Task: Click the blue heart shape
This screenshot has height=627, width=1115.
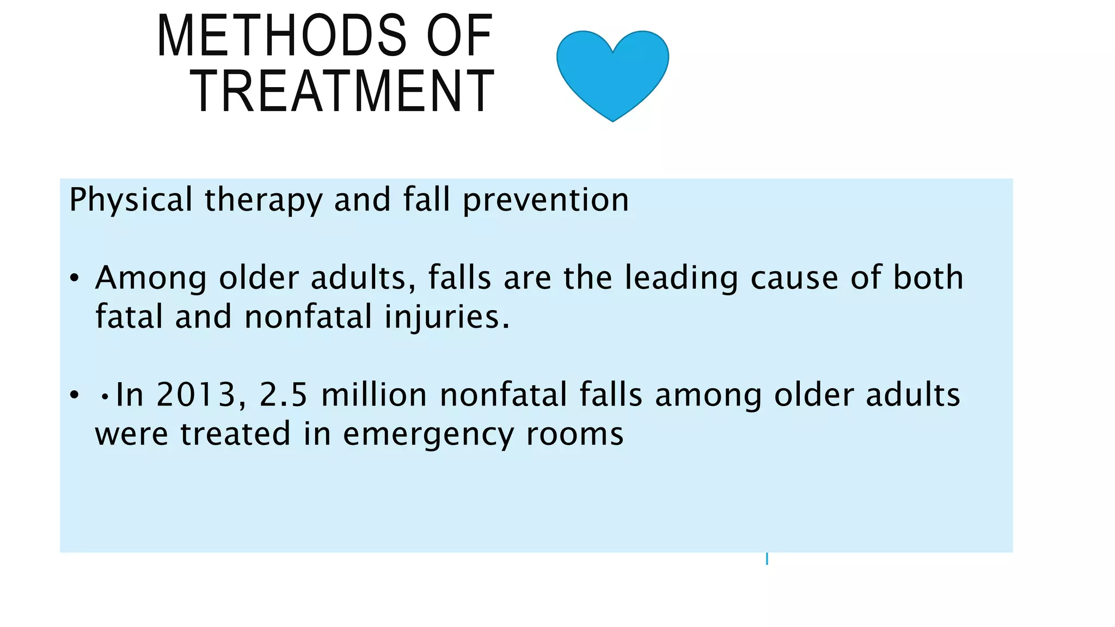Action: pos(612,73)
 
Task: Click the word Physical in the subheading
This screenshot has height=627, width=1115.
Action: pos(131,200)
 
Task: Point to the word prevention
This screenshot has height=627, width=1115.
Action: pos(546,200)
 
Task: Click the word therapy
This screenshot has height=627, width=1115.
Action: pos(264,200)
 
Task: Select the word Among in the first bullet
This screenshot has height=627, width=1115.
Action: pos(151,278)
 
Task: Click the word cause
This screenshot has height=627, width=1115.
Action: pos(794,278)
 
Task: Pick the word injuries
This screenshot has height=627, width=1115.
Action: pos(446,317)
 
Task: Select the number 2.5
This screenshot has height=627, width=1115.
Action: pos(284,395)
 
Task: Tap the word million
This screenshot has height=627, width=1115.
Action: pos(374,395)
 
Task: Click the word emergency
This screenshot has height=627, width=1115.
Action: pos(428,434)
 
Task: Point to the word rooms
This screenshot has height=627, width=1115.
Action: pos(575,434)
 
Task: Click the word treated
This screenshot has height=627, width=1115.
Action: pos(235,434)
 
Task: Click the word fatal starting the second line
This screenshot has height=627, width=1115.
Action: pos(129,317)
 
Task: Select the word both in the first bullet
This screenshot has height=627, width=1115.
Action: pos(928,278)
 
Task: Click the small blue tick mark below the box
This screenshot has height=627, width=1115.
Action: pos(767,558)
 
